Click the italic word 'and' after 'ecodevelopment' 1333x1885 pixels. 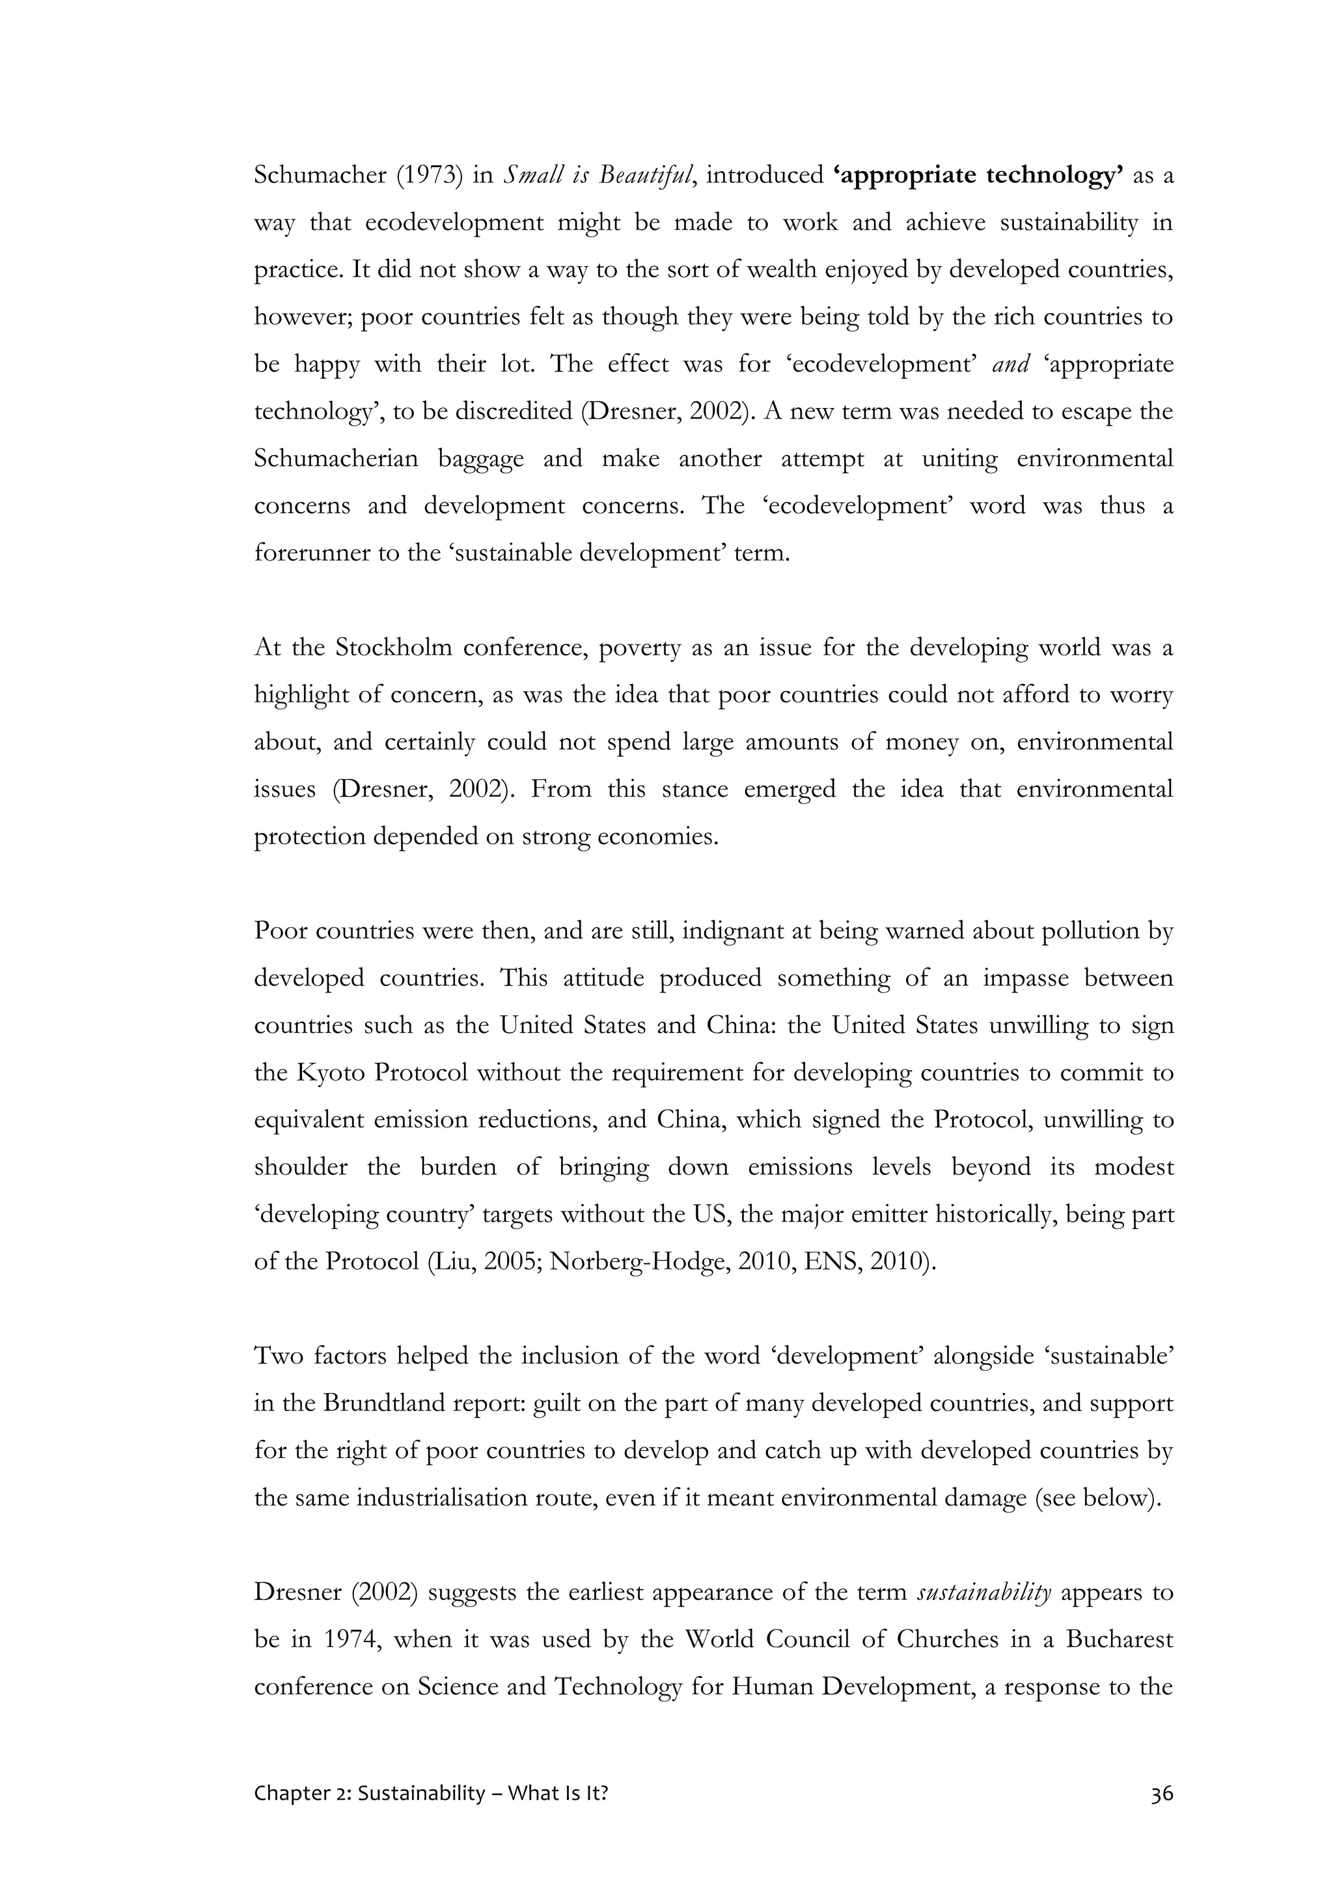point(1010,365)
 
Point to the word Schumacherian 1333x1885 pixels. point(337,458)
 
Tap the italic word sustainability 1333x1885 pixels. point(983,1593)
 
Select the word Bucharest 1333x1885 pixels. point(1120,1640)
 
